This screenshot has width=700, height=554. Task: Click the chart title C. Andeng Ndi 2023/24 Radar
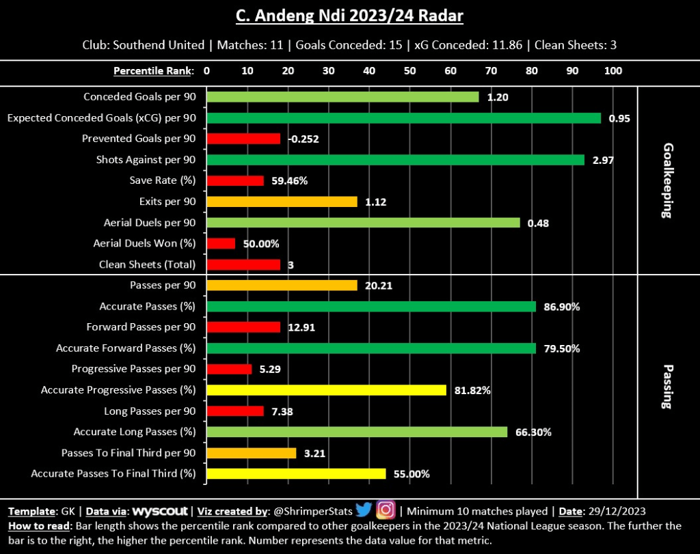[349, 15]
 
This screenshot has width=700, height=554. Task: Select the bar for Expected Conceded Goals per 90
[403, 118]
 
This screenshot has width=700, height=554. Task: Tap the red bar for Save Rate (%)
[234, 181]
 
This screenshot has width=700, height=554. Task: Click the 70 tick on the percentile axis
[491, 70]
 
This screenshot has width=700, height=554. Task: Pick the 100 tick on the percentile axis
[613, 70]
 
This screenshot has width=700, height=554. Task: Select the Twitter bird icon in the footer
[363, 510]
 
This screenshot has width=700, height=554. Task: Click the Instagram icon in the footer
[386, 510]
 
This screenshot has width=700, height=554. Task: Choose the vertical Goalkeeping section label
[668, 181]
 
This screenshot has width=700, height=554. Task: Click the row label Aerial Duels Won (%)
[144, 244]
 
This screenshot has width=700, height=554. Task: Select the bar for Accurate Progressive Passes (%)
[326, 390]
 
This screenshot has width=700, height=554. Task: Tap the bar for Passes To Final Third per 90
[251, 453]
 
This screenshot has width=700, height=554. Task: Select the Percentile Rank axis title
[154, 70]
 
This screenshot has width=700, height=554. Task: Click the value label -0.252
[304, 139]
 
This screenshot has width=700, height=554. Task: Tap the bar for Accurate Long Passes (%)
[356, 432]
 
